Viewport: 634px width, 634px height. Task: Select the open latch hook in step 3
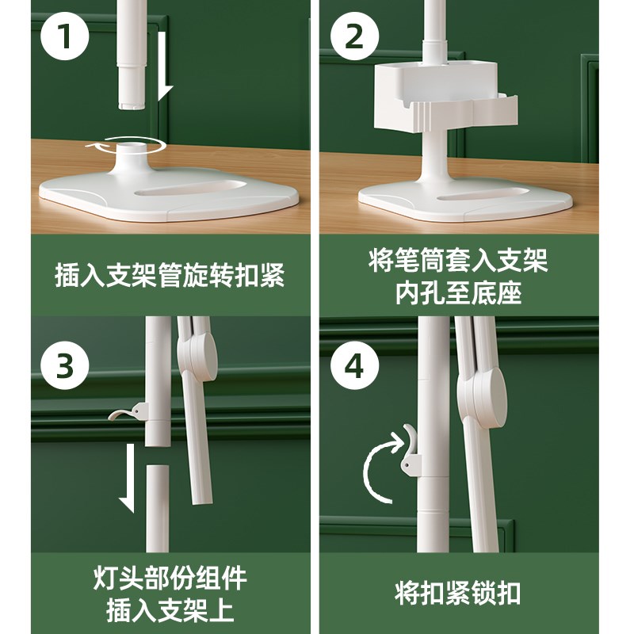coord(128,412)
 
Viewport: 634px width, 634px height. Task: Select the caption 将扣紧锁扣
coord(458,592)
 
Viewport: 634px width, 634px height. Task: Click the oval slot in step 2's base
coord(483,193)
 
